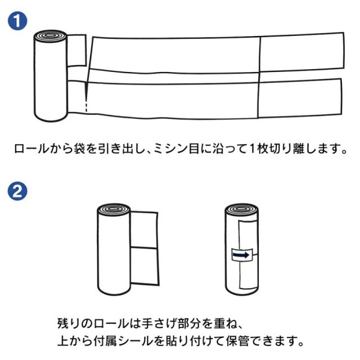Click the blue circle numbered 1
pos(17,21)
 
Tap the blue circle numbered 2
pos(17,191)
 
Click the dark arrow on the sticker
pos(241,255)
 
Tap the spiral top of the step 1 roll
pos(51,35)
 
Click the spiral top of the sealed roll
pos(241,209)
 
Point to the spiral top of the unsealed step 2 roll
pos(114,209)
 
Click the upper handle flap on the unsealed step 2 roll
pos(144,229)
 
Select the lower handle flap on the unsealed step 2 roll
pos(145,266)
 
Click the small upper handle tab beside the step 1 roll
pos(76,51)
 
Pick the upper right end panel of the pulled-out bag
pos(302,52)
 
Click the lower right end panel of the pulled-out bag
pos(300,99)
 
